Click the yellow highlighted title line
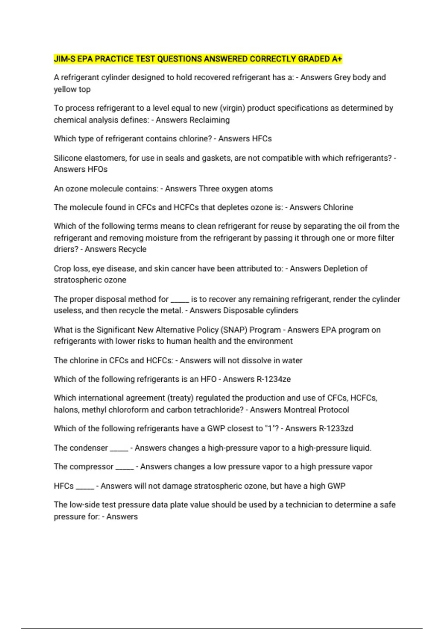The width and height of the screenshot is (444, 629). (198, 59)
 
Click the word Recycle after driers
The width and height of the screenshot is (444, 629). (131, 249)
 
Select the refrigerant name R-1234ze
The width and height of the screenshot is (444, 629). (273, 379)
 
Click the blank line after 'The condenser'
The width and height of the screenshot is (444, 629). (119, 449)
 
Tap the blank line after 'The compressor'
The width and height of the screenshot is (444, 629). (125, 468)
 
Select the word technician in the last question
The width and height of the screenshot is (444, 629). (304, 505)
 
